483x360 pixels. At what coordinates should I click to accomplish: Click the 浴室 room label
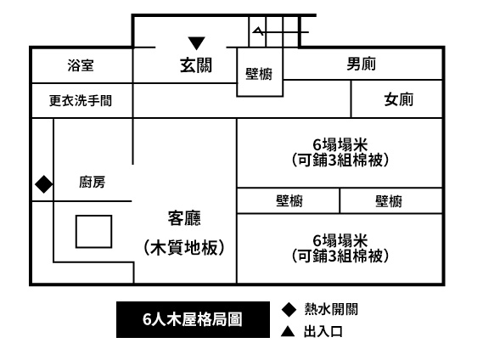(81, 65)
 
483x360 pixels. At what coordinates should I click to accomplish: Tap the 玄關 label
(196, 65)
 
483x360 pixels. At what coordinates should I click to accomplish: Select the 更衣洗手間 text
(81, 100)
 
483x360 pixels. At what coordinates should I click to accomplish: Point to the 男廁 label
(362, 64)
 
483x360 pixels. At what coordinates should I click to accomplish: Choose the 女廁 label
(399, 99)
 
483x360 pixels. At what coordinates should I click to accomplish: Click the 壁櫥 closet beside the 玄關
(259, 74)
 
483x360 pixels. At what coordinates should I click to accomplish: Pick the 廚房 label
(93, 183)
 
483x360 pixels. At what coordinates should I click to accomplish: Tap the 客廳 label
(184, 218)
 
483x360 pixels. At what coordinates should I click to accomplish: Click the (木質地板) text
(184, 248)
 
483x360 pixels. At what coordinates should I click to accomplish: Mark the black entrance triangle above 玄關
(197, 42)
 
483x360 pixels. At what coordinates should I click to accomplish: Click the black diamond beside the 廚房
(44, 184)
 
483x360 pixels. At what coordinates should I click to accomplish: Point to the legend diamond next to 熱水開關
(289, 309)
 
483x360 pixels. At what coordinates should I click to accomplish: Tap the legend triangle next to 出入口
(288, 332)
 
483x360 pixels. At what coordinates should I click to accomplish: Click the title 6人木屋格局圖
(193, 319)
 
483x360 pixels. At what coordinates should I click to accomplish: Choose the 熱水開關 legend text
(331, 309)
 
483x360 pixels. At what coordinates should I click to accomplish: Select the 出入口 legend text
(323, 332)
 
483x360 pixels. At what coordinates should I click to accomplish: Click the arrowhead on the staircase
(258, 31)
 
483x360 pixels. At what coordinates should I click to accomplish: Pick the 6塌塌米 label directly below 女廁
(340, 144)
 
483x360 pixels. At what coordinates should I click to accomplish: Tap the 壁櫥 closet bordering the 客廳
(289, 201)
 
